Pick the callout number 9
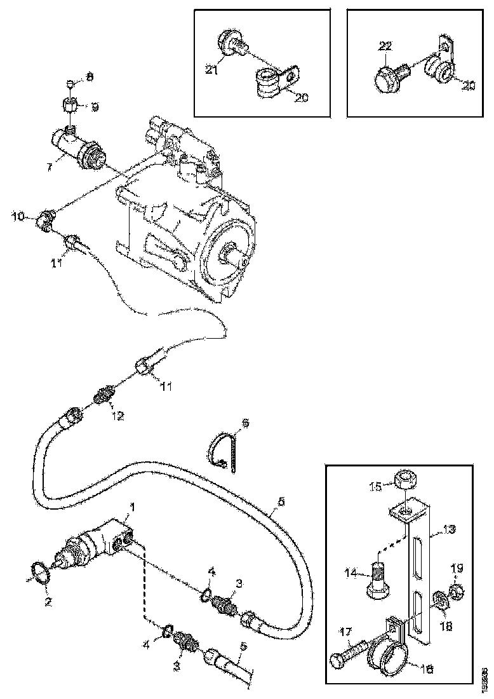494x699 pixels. pos(95,107)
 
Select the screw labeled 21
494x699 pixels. pos(228,46)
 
